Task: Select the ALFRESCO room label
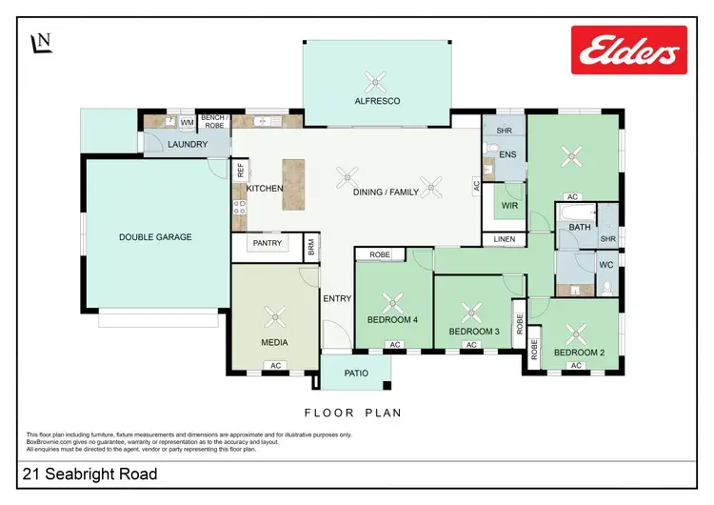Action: (x=378, y=100)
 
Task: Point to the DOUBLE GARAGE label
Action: (x=155, y=237)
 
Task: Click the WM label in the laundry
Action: (x=187, y=122)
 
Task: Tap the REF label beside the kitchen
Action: (x=240, y=170)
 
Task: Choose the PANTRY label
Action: (x=268, y=243)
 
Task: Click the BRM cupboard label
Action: (x=311, y=247)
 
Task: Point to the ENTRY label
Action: (x=337, y=298)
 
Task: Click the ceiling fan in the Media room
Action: (x=275, y=314)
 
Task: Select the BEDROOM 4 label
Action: (x=393, y=320)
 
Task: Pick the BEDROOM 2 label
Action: (x=579, y=353)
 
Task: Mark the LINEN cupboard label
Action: (x=504, y=238)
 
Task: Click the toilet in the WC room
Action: (x=606, y=286)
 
